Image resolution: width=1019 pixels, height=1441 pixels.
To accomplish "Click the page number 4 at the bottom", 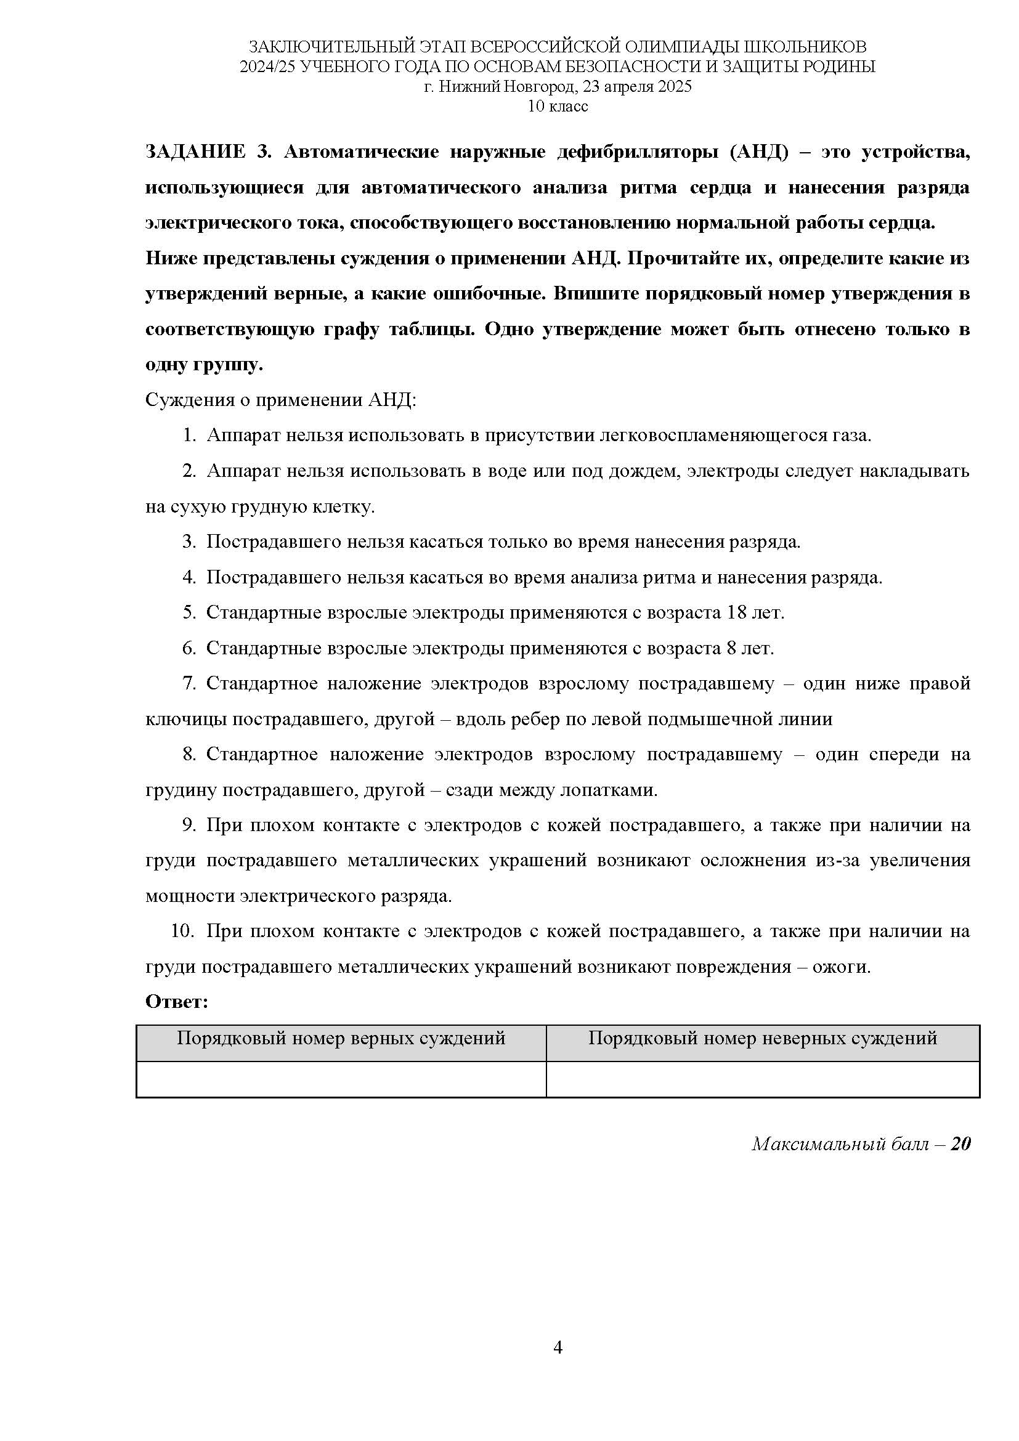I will click(x=558, y=1347).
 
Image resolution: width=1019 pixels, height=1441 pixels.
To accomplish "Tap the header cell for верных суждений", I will click(x=341, y=1039).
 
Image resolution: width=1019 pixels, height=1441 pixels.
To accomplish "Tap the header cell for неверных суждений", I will click(x=762, y=1039).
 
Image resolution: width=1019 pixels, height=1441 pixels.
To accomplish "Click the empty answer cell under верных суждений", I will click(x=341, y=1079).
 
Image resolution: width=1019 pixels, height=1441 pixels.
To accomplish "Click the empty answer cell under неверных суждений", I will click(x=762, y=1079).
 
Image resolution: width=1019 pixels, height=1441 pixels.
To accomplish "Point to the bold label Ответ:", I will click(x=176, y=1002).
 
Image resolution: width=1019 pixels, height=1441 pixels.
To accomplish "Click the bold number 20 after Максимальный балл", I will click(x=960, y=1144).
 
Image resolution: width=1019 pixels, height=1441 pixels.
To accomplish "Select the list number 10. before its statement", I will click(x=181, y=932).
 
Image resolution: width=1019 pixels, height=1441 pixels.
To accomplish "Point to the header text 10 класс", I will click(x=558, y=106).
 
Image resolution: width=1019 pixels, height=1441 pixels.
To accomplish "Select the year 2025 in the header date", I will click(x=675, y=87).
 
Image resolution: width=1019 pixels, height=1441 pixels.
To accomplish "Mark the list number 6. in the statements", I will click(x=189, y=648).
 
